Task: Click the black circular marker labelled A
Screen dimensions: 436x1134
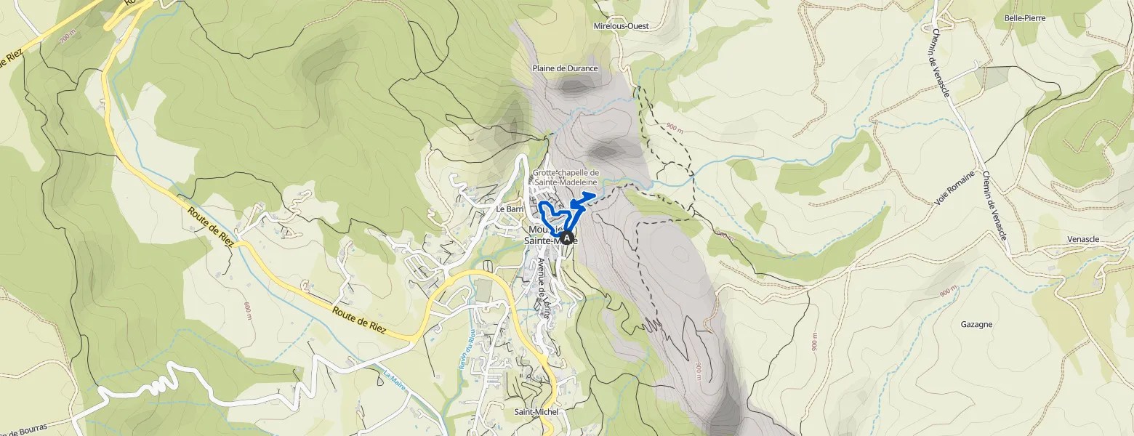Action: coord(567,237)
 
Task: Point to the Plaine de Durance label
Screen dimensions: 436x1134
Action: coord(565,68)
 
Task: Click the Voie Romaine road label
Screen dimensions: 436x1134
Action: coord(950,188)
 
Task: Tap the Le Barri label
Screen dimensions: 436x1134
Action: coord(510,209)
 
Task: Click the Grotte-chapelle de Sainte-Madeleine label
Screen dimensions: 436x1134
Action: coord(565,177)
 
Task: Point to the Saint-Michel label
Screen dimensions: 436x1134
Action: coord(536,412)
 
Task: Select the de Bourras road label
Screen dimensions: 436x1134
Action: coord(25,429)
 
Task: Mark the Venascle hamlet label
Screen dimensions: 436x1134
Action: coord(1082,239)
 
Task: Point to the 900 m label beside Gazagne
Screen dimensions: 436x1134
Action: coord(947,291)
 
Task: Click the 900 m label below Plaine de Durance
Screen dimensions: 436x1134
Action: coord(674,128)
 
